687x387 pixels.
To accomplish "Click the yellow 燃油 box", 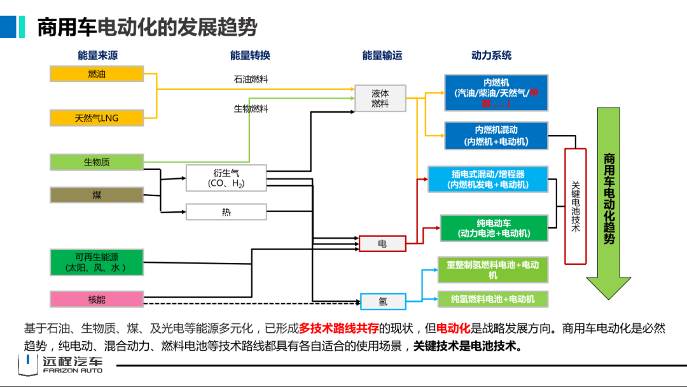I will pyautogui.click(x=97, y=74).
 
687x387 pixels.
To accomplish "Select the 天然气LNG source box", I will pyautogui.click(x=97, y=118).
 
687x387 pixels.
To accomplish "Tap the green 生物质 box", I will pyautogui.click(x=97, y=162).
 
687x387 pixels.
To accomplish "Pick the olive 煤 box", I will pyautogui.click(x=97, y=195).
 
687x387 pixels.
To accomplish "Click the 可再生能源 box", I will pyautogui.click(x=97, y=262).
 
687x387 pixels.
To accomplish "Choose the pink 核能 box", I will pyautogui.click(x=97, y=299).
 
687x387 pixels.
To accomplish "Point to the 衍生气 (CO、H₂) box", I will pyautogui.click(x=226, y=178).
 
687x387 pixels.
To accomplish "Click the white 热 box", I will pyautogui.click(x=226, y=212).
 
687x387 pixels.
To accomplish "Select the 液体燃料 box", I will pyautogui.click(x=380, y=98).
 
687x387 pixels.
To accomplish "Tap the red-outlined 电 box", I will pyautogui.click(x=382, y=244).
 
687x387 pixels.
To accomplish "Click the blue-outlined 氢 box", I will pyautogui.click(x=383, y=301).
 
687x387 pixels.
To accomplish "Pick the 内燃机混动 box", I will pyautogui.click(x=496, y=136).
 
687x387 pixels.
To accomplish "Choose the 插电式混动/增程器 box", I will pyautogui.click(x=488, y=179).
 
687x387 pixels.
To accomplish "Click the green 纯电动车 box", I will pyautogui.click(x=494, y=229).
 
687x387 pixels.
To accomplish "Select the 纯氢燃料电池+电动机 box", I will pyautogui.click(x=492, y=299).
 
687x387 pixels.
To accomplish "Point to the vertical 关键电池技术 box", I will pyautogui.click(x=575, y=206).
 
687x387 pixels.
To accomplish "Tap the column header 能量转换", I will pyautogui.click(x=250, y=55).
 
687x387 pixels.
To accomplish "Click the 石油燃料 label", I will pyautogui.click(x=251, y=80).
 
